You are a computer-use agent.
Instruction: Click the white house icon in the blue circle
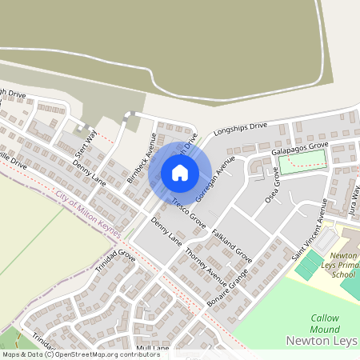(x=180, y=172)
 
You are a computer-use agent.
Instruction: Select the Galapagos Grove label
(x=299, y=149)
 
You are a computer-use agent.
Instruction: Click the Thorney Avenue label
(x=206, y=263)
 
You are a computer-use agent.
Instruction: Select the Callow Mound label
(x=325, y=323)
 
